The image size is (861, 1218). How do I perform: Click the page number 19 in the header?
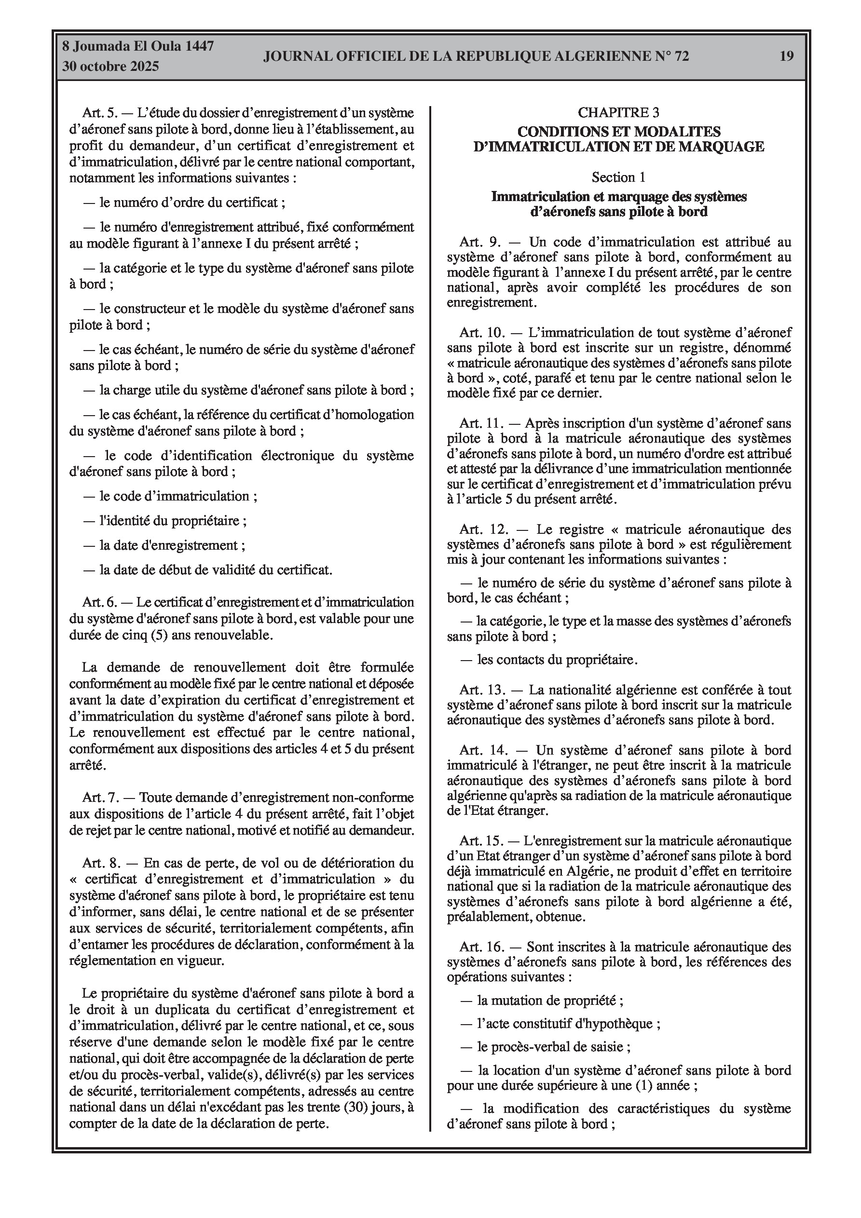[786, 56]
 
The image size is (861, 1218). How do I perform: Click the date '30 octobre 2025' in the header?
[110, 67]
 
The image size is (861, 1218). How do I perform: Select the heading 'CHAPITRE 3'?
[618, 112]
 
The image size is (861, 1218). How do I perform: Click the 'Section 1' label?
[618, 177]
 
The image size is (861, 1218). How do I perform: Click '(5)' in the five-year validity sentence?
[159, 635]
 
